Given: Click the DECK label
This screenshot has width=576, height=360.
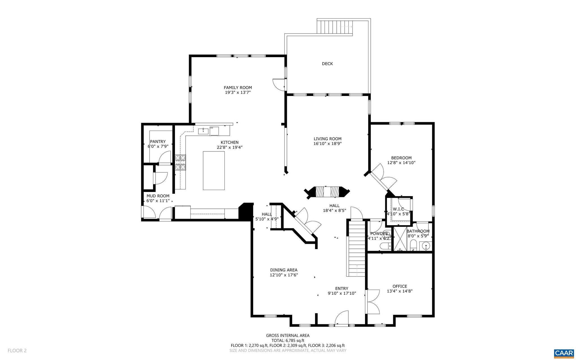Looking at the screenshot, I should tap(327, 64).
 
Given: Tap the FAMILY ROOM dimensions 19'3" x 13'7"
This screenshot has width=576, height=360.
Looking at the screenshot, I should tap(238, 92).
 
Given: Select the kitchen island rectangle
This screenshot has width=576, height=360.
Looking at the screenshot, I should tap(214, 171).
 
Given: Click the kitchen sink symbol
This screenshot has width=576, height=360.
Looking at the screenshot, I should tap(203, 131).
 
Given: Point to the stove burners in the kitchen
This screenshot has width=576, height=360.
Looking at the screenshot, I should tap(181, 163).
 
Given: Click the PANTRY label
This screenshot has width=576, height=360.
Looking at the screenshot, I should tap(157, 142).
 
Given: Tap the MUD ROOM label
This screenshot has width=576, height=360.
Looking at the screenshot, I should tap(158, 196).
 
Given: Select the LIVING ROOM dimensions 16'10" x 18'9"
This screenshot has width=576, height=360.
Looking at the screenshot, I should tap(327, 144).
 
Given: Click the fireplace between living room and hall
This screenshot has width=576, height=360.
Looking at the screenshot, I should tap(327, 192).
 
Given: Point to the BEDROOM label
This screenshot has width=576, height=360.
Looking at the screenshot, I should tap(401, 158).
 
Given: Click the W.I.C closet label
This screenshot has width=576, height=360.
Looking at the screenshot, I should tap(398, 209).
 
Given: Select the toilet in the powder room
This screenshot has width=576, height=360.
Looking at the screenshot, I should tap(385, 247).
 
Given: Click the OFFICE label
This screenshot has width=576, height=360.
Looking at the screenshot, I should tap(400, 287).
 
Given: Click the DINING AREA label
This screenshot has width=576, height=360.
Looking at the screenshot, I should tap(283, 270).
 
